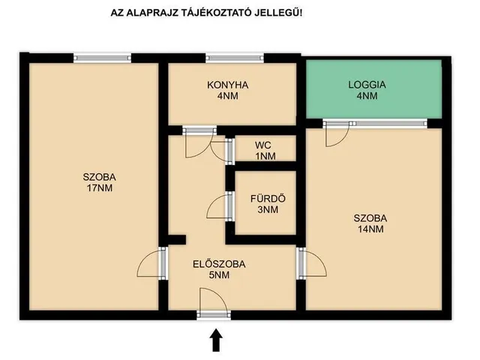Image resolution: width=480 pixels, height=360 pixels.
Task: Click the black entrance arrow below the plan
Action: tap(216, 340)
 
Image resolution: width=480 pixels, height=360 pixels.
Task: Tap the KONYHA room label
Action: tap(228, 85)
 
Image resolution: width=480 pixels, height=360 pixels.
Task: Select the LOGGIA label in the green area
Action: tap(367, 85)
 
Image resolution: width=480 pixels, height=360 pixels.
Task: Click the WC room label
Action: tap(263, 145)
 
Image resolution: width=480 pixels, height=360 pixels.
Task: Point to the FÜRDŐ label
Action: tap(268, 199)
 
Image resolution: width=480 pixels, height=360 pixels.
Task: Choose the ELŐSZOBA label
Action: tap(219, 264)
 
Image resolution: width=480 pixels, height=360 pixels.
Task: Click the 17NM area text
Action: tap(100, 188)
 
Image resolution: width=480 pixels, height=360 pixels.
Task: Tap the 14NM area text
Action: tap(370, 229)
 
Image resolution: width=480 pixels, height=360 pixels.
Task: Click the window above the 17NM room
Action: tap(102, 58)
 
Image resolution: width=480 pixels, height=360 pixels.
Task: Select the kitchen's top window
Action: tap(235, 58)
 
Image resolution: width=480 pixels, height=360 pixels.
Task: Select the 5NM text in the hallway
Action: tap(219, 275)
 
